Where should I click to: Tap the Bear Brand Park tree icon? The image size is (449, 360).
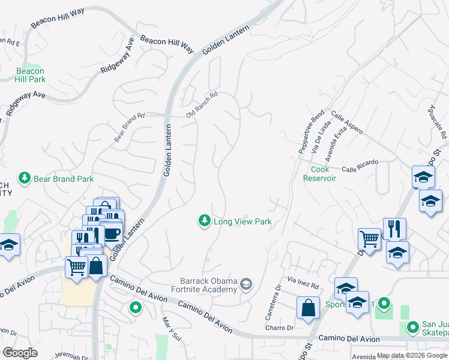point(25,178)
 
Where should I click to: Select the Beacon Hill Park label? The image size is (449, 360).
point(30,75)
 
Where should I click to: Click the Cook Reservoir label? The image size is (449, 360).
point(319,173)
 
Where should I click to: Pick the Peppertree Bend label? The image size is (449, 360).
point(312,131)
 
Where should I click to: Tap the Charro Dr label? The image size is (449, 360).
point(280,328)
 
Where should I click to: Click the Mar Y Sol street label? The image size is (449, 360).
point(167,326)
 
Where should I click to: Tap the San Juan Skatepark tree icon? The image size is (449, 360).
point(412,327)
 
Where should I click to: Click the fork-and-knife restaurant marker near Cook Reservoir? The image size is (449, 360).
point(394,228)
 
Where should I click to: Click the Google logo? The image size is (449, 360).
point(20,353)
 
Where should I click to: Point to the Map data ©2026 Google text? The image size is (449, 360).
point(412,355)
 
